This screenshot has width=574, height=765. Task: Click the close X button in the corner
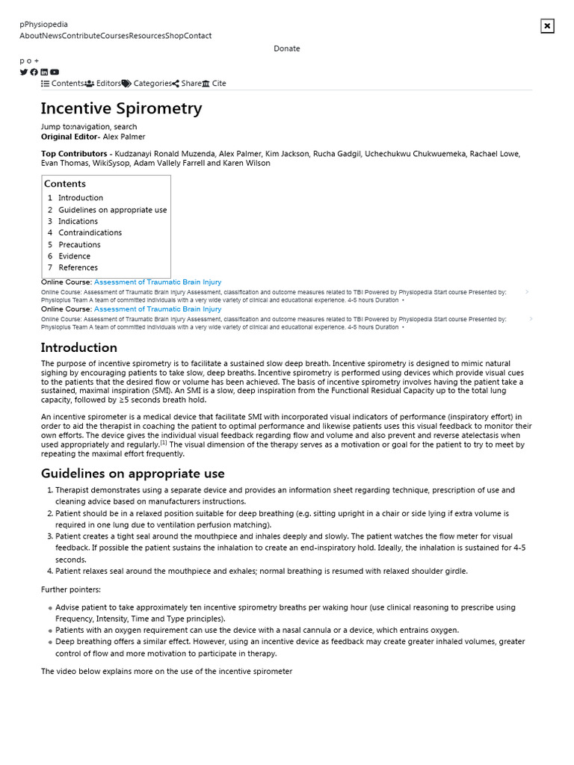[x=547, y=26]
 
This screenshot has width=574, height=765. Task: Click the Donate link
[x=286, y=49]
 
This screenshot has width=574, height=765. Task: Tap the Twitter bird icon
[x=24, y=72]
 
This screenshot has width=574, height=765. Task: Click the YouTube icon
[x=55, y=72]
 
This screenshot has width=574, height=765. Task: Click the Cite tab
[x=214, y=84]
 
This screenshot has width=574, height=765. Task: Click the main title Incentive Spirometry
[x=121, y=108]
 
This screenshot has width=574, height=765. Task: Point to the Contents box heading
[x=65, y=184]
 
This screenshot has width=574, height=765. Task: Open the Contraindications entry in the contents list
[x=90, y=232]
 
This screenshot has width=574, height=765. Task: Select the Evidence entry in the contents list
[x=74, y=256]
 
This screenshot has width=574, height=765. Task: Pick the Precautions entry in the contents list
[x=79, y=244]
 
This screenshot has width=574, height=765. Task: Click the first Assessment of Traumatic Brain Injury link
[x=158, y=282]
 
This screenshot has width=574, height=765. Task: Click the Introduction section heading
[x=78, y=347]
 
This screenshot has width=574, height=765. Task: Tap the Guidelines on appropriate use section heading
[x=132, y=474]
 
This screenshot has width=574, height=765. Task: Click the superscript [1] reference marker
[x=164, y=442]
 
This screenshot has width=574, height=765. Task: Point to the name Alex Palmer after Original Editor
[x=124, y=137]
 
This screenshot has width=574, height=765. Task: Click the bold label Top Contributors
[x=74, y=154]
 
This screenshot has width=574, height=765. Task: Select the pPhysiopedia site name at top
[x=43, y=25]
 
